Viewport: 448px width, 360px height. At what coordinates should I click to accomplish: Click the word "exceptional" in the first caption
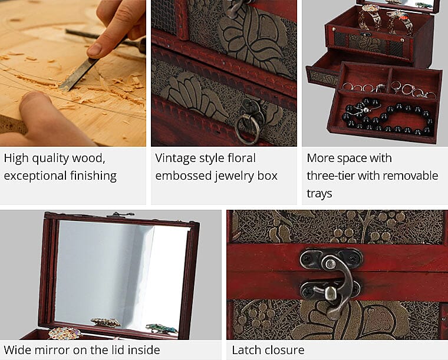35,176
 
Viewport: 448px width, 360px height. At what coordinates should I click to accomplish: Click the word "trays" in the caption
319,194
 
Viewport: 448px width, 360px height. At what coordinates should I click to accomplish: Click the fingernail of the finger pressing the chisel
95,49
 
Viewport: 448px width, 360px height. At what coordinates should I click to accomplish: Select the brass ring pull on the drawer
248,128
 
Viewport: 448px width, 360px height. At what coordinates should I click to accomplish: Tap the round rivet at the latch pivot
331,262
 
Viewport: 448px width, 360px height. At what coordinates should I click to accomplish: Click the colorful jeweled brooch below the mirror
64,333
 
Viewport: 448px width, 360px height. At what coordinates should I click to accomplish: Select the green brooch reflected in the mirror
162,329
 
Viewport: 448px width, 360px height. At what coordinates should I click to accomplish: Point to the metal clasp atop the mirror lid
120,214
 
